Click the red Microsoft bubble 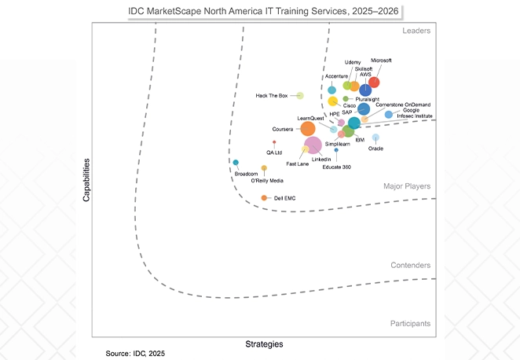click(374, 83)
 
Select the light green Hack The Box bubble click(299, 96)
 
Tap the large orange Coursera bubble click(309, 128)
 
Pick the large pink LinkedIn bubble click(313, 145)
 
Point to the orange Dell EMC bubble click(265, 197)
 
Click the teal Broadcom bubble click(236, 163)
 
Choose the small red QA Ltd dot click(274, 142)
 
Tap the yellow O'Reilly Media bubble click(264, 168)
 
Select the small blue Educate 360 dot click(336, 150)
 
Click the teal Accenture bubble click(332, 90)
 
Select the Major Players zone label click(407, 186)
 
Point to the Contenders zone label click(410, 266)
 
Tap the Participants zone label click(410, 323)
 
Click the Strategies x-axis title click(264, 343)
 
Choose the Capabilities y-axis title click(87, 180)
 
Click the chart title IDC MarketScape click(259, 11)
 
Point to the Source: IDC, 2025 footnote click(136, 354)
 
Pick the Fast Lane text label click(297, 164)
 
